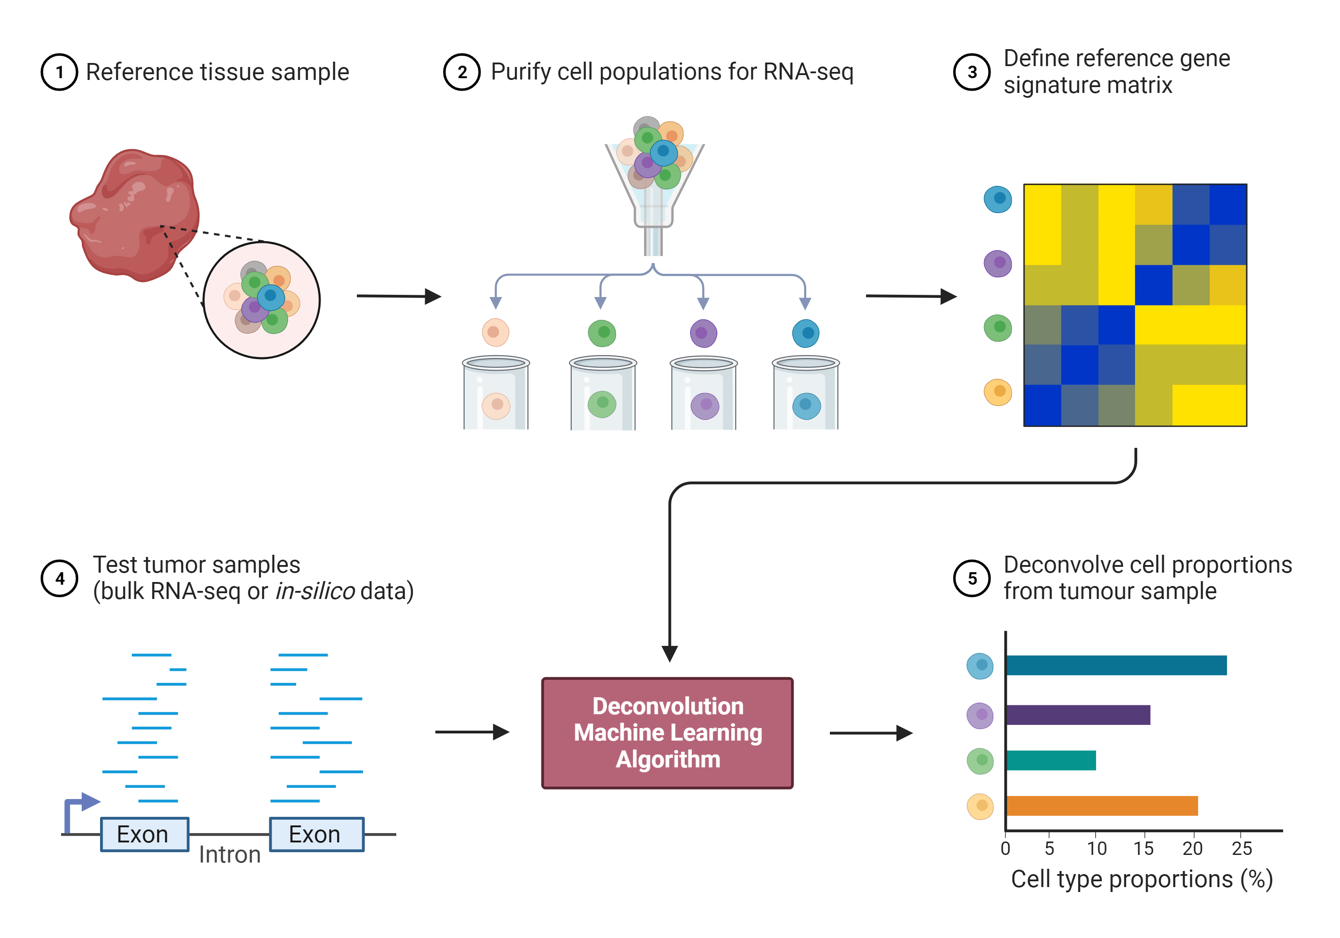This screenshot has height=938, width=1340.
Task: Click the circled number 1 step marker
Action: pos(59,72)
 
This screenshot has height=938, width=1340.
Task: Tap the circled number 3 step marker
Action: pos(972,72)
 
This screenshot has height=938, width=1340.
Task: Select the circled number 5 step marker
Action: pos(972,578)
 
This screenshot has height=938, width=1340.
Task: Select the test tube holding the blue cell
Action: pos(805,394)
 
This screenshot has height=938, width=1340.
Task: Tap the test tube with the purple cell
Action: pos(704,394)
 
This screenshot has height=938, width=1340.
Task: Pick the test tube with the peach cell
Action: pos(496,394)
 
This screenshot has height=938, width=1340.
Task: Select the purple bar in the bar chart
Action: pos(1077,715)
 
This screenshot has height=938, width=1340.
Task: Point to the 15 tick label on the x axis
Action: pos(1143,849)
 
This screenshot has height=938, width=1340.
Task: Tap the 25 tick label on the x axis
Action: pos(1242,849)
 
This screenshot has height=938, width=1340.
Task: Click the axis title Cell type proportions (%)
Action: pos(1142,879)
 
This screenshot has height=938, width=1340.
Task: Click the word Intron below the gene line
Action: pos(230,855)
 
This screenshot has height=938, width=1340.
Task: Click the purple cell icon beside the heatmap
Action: pos(998,263)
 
